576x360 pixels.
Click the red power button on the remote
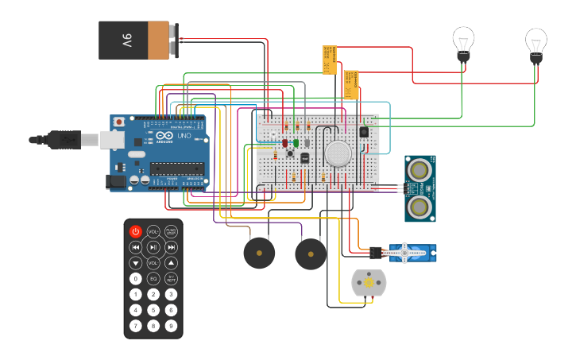tap(135, 231)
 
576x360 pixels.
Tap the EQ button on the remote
tap(153, 279)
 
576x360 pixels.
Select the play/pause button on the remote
tap(153, 247)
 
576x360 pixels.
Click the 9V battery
tap(138, 40)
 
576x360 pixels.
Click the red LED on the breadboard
tap(284, 143)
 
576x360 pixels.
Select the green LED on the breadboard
tap(296, 143)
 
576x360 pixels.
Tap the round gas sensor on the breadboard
tap(338, 153)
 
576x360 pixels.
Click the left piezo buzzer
tap(259, 254)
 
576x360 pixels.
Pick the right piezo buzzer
tap(311, 254)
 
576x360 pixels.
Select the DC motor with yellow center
tap(368, 284)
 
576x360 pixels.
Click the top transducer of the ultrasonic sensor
tap(419, 168)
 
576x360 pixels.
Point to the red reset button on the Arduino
tap(119, 122)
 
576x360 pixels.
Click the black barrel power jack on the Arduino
tap(117, 182)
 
